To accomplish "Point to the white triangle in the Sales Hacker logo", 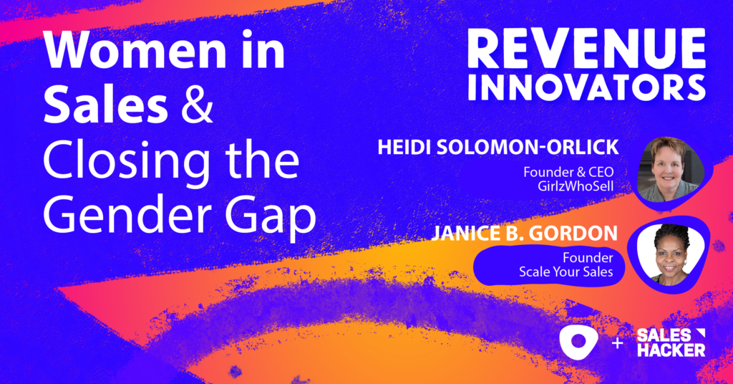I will (699, 333).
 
